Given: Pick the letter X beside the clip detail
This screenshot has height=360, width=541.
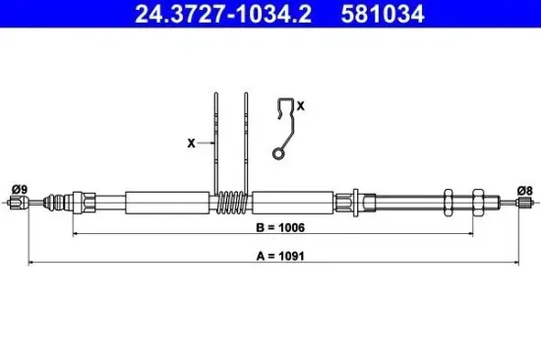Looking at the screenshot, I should (x=300, y=103).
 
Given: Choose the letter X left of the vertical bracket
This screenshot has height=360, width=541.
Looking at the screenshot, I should (x=191, y=142).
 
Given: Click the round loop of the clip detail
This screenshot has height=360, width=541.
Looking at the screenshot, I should (x=279, y=152).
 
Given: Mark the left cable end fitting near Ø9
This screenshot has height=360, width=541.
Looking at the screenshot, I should (x=17, y=204).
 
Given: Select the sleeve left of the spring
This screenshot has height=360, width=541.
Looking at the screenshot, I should (x=170, y=203).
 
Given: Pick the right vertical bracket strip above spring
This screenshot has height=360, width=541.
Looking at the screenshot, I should (x=246, y=138).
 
